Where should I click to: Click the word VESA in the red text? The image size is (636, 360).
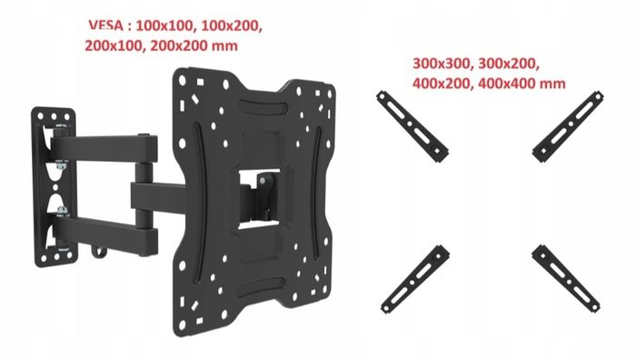(106, 25)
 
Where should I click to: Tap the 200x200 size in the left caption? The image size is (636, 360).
(178, 45)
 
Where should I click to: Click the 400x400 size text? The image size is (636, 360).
(507, 84)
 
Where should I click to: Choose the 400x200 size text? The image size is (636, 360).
(442, 84)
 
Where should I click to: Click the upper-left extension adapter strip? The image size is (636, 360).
(412, 126)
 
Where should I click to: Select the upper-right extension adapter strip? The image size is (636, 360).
(568, 126)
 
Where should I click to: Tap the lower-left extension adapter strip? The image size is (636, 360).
(415, 279)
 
